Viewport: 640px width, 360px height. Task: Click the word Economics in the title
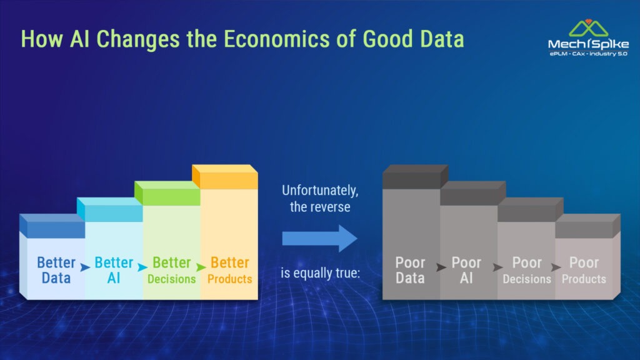tap(277, 39)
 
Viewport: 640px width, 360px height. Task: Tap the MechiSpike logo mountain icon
tap(588, 28)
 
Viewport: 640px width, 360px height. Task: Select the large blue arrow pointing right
tap(319, 238)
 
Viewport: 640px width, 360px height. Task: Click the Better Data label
tap(56, 270)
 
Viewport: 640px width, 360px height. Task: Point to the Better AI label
tap(114, 270)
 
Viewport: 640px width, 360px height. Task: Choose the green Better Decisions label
tap(171, 270)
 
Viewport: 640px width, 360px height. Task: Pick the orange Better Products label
tap(230, 270)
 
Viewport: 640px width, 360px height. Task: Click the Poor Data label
tap(410, 270)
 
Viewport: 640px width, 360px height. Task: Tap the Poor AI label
tap(466, 270)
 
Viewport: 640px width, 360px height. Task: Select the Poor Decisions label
tap(527, 270)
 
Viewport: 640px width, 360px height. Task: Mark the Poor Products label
tap(584, 270)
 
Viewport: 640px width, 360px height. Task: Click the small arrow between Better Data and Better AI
tap(85, 267)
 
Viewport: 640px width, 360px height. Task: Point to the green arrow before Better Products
tap(201, 267)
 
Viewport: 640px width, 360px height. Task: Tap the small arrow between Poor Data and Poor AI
tap(441, 267)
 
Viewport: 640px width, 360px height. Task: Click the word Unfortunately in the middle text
tap(320, 191)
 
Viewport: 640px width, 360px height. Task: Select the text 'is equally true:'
tap(321, 272)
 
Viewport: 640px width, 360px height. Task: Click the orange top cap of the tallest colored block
tap(225, 176)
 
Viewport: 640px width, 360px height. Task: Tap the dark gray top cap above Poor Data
tap(416, 176)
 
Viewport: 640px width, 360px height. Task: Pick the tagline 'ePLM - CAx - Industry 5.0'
tap(588, 54)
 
